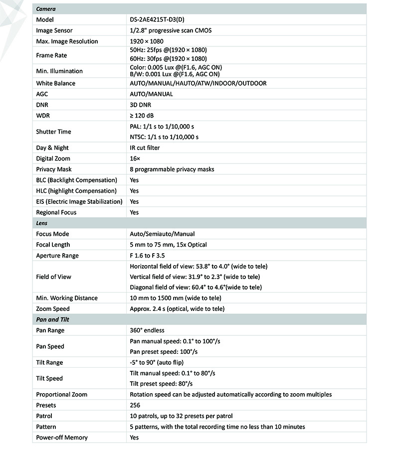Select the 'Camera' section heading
(x=46, y=9)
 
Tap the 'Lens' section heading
(x=42, y=223)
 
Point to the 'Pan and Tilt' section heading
(x=52, y=319)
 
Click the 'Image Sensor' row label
(x=54, y=30)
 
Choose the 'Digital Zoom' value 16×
(x=134, y=158)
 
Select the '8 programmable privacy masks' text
(x=172, y=169)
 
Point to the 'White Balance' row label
(x=56, y=83)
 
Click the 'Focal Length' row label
(x=53, y=245)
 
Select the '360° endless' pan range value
(x=147, y=330)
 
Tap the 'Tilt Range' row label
(x=50, y=362)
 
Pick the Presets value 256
(x=135, y=405)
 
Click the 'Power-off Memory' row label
(x=62, y=438)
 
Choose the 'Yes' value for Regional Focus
(x=134, y=212)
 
